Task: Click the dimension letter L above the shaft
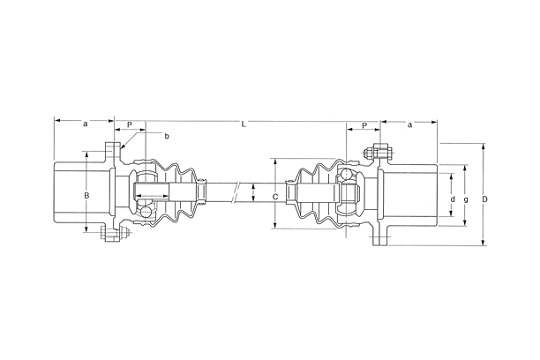coord(244,124)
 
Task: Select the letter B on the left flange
coord(86,194)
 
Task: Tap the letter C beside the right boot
coord(275,197)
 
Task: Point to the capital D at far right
coord(485,199)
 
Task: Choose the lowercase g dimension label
coord(466,199)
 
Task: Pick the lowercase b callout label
coord(167,136)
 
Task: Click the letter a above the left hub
coord(85,124)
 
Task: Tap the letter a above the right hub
coord(410,125)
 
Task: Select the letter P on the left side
coord(130,125)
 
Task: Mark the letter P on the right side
coord(364,126)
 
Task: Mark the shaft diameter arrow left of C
coord(253,195)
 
